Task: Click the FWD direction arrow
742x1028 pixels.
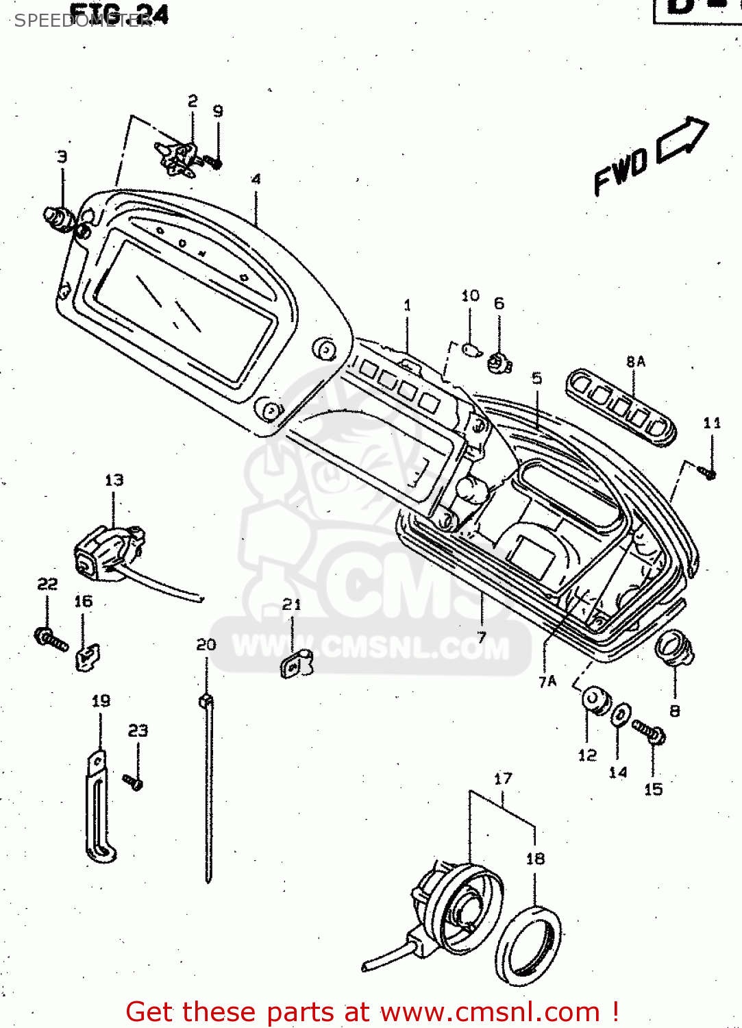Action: click(x=682, y=140)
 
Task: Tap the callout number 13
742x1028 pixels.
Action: click(x=114, y=480)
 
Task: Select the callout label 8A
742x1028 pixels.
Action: click(x=635, y=361)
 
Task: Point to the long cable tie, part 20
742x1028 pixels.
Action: click(x=208, y=788)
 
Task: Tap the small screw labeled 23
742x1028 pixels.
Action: click(x=133, y=781)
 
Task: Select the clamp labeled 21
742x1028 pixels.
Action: click(x=295, y=664)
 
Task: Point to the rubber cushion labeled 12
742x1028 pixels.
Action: click(x=595, y=700)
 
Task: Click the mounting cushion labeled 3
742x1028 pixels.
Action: click(x=59, y=218)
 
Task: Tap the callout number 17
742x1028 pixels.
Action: click(x=503, y=779)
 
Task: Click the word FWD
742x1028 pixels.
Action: click(x=621, y=172)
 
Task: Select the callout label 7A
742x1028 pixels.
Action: click(x=547, y=681)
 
